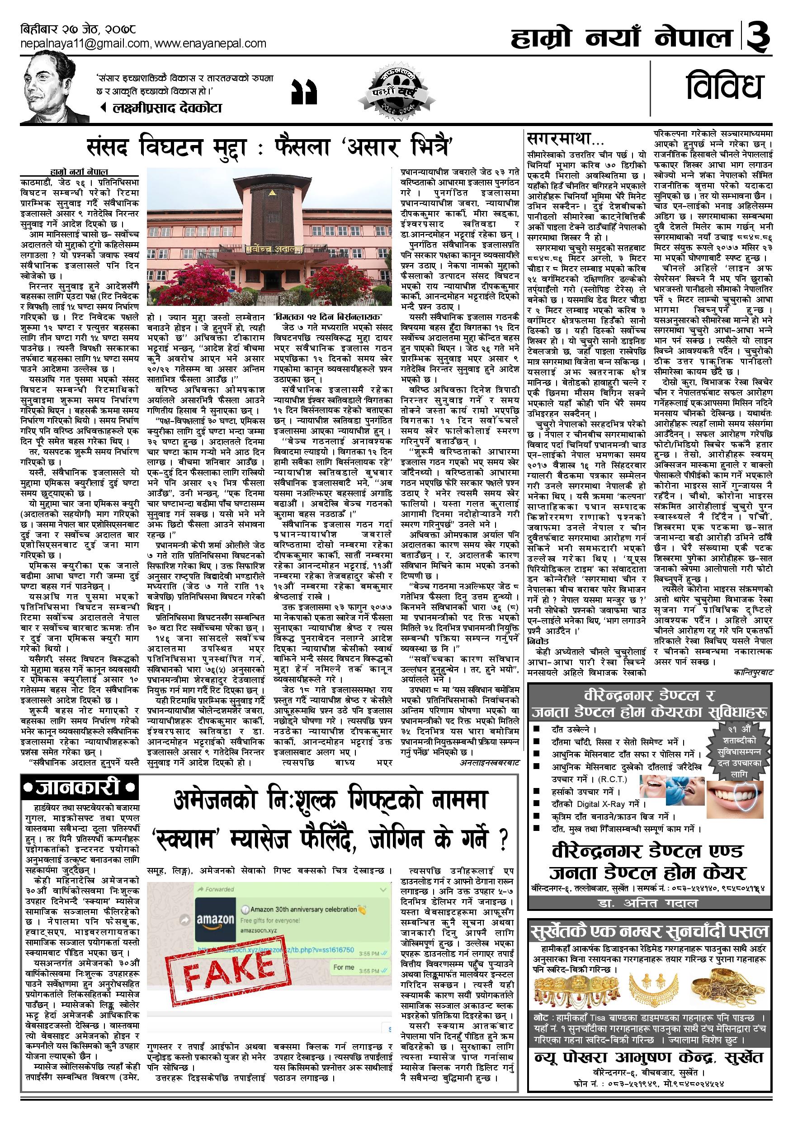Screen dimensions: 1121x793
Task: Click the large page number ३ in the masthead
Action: pos(759,37)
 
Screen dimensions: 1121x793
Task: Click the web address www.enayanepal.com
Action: pos(211,43)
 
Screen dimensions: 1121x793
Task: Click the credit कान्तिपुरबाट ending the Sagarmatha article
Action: pos(753,672)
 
